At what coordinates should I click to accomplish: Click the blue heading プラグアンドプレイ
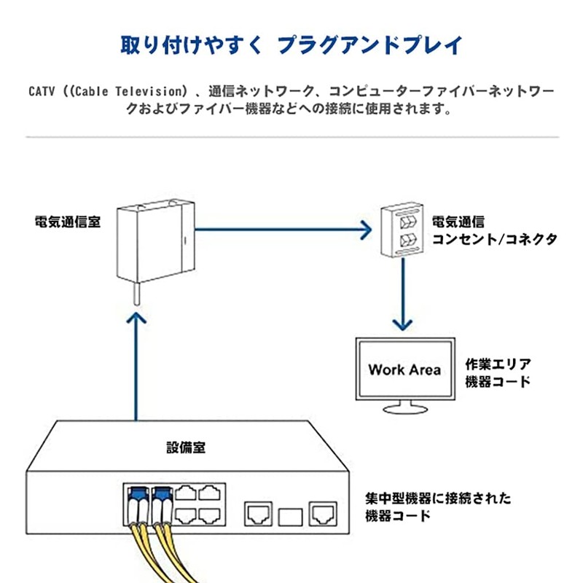coord(371,45)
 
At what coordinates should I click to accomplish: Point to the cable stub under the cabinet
coord(136,295)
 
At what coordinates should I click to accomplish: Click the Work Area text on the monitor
coord(404,369)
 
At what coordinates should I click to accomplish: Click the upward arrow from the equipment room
coord(136,364)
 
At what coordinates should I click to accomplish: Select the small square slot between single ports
coord(289,517)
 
